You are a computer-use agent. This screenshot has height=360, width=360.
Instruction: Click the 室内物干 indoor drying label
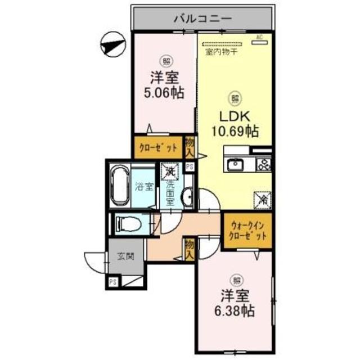pyautogui.click(x=221, y=52)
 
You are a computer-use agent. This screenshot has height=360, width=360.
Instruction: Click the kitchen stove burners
pyautogui.click(x=263, y=164)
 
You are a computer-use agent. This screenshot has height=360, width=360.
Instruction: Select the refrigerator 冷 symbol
pyautogui.click(x=262, y=199)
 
